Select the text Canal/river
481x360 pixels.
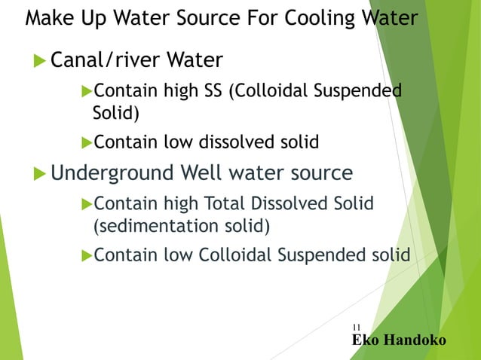[x=106, y=59]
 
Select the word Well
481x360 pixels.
[x=200, y=174]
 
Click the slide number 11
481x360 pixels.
[x=356, y=327]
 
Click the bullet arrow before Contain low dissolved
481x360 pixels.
[x=86, y=142]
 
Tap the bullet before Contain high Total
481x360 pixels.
[x=86, y=204]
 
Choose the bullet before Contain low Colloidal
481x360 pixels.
[x=86, y=255]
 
